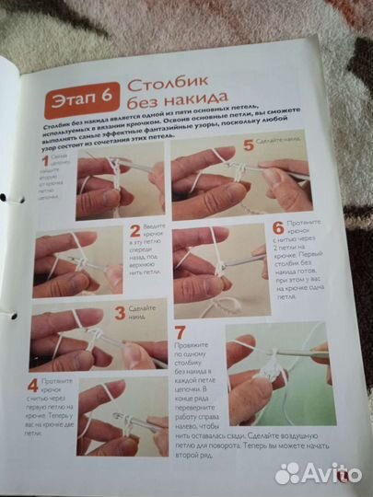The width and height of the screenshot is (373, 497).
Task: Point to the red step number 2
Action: (134, 231)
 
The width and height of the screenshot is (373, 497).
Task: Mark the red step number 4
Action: (33, 387)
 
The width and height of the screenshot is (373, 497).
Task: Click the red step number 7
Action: (181, 332)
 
